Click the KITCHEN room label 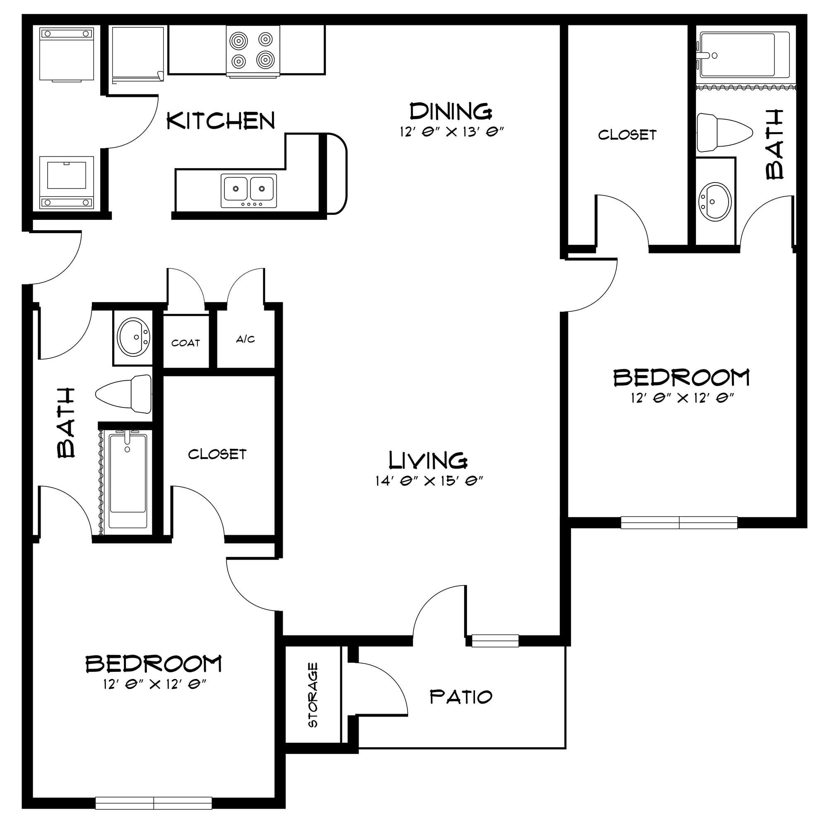[221, 120]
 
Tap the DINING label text [451, 111]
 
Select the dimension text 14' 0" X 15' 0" [429, 481]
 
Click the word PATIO [461, 697]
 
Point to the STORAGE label [313, 695]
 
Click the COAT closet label [185, 343]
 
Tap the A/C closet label [246, 339]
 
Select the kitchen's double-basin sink [248, 191]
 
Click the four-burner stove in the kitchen [253, 51]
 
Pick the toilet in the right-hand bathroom [724, 132]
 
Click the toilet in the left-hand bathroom [123, 394]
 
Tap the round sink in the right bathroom [715, 202]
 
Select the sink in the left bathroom [134, 337]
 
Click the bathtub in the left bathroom [127, 481]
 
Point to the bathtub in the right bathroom [745, 55]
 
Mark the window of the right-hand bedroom [679, 523]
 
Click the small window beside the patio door [495, 641]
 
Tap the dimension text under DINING [451, 132]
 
